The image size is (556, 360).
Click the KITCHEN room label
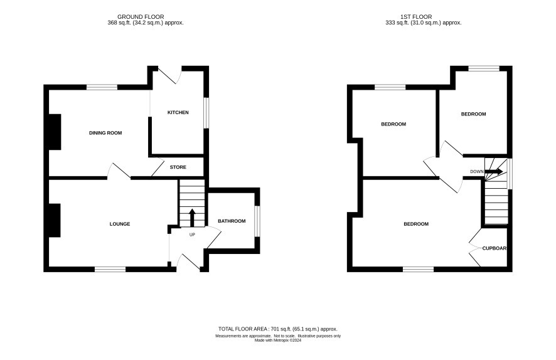point(178,112)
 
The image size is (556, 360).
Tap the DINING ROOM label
point(105,133)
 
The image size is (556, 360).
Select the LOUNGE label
point(120,224)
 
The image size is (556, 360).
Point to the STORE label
point(178,167)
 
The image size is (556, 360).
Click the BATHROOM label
point(232,221)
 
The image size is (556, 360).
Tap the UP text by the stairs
point(192,235)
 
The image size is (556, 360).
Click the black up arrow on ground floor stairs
point(192,218)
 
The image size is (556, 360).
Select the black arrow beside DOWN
point(494,171)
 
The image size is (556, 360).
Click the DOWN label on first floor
point(477,171)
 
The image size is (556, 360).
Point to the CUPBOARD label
point(495,248)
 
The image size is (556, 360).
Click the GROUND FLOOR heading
point(141,17)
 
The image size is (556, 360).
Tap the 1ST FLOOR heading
point(416,17)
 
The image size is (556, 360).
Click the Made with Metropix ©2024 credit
point(278,340)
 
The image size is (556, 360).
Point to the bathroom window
point(257,221)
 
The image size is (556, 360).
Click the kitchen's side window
point(206,113)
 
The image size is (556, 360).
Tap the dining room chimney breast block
point(55,132)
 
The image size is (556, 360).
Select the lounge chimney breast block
point(54,220)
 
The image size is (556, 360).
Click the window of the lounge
point(110,269)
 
